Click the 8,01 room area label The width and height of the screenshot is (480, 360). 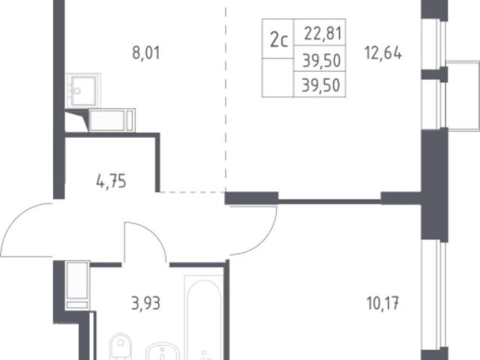click(146, 53)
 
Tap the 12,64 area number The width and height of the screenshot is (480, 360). click(383, 53)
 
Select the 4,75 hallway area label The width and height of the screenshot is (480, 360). click(111, 181)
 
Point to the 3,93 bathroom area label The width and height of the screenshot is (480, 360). click(145, 304)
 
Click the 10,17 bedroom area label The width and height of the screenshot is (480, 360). click(382, 304)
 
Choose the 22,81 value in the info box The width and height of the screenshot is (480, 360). click(322, 33)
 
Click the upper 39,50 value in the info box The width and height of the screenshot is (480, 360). click(322, 60)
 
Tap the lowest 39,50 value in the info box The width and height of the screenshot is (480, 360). click(321, 85)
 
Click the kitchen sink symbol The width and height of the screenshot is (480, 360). click(83, 90)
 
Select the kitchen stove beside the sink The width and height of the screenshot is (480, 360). click(112, 120)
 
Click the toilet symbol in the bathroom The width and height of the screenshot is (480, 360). click(121, 346)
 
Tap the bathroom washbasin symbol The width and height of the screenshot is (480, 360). click(162, 352)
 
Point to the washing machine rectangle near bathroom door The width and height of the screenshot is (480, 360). click(77, 285)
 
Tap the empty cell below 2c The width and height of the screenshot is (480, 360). click(278, 78)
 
